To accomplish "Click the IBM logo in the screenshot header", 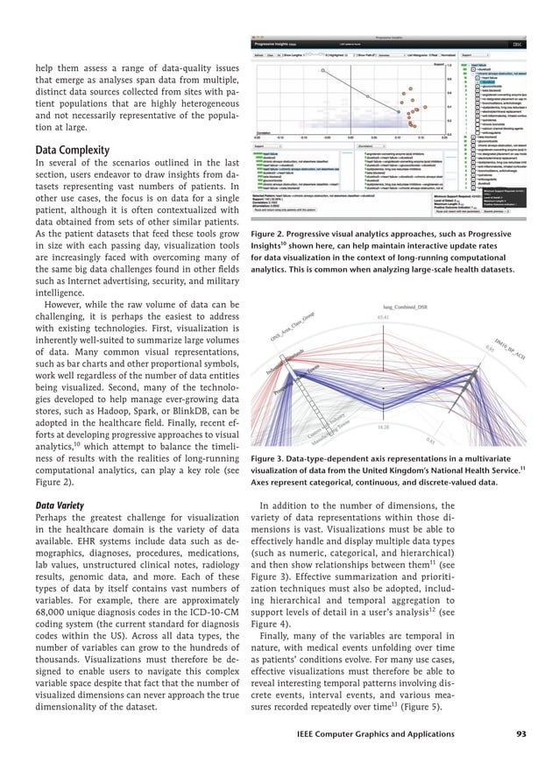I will (517, 43).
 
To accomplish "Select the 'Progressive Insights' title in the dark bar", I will (273, 43).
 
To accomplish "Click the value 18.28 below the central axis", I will (382, 427).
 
